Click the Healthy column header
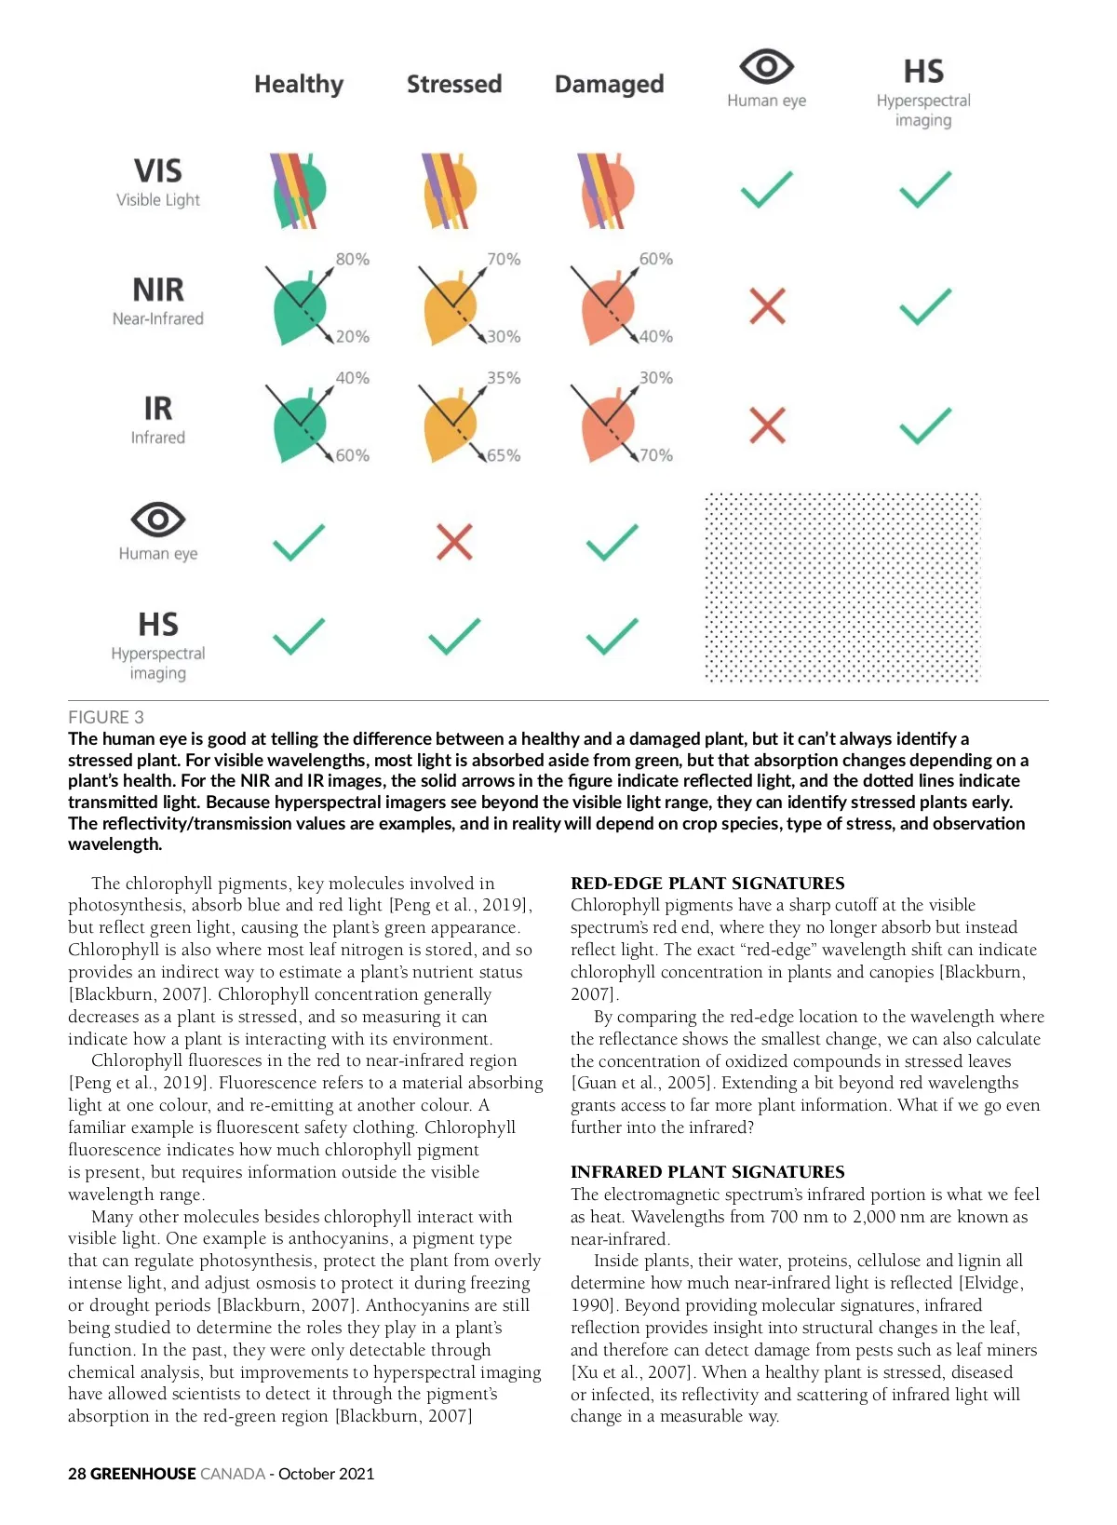point(299,85)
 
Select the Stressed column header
point(454,85)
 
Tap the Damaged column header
point(609,85)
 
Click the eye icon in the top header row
point(766,66)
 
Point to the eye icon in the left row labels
point(158,519)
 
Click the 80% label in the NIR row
point(352,259)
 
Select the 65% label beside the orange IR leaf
point(504,455)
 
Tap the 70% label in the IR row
point(655,455)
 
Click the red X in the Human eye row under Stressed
point(454,542)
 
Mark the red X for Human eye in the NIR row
point(767,306)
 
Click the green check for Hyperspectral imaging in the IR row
point(924,425)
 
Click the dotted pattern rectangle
point(842,588)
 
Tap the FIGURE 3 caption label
point(106,717)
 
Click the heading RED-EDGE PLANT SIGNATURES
point(707,883)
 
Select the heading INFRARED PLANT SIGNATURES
point(707,1171)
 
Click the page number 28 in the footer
point(77,1474)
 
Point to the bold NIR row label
point(158,290)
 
